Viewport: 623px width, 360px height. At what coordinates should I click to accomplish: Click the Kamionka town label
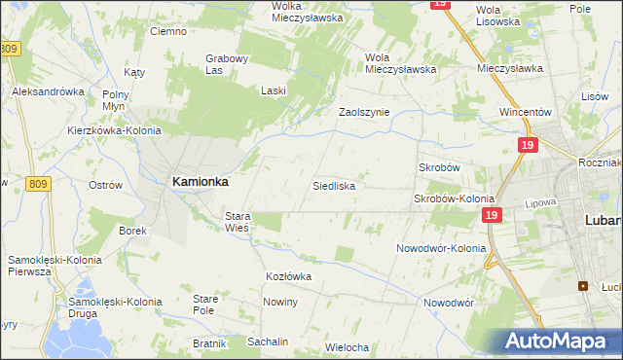click(x=200, y=181)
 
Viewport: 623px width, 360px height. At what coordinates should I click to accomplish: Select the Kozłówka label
click(x=288, y=276)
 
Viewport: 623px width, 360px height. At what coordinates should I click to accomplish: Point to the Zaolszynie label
click(x=363, y=112)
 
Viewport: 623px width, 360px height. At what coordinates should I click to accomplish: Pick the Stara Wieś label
click(x=238, y=221)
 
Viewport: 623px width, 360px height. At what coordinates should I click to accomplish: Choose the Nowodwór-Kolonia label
click(x=441, y=248)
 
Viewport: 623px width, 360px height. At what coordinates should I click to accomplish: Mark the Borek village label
click(x=132, y=231)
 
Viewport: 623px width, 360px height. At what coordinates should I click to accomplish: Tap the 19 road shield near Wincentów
click(x=526, y=145)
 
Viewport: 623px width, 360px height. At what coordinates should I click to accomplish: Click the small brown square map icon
click(x=583, y=286)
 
